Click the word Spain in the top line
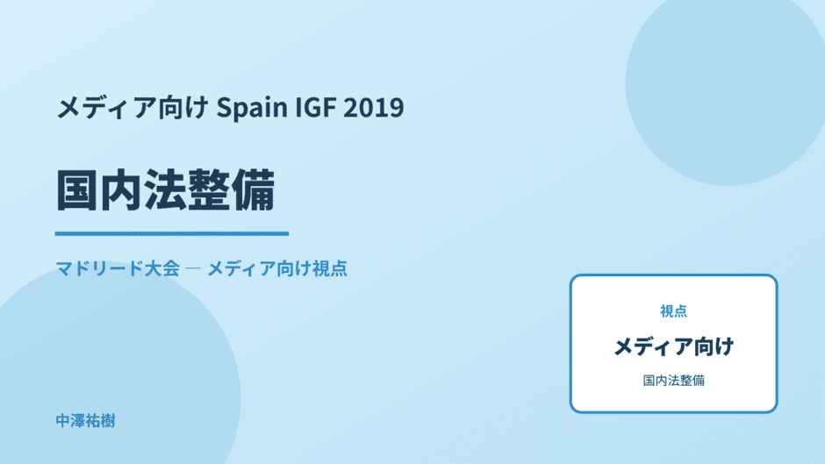pos(252,108)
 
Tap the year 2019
pos(374,107)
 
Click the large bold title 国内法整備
pos(165,190)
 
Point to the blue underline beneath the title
pos(172,233)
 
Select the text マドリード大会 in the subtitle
pos(118,268)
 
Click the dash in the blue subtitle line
pos(193,268)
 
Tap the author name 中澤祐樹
pos(85,421)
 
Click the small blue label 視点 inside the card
pos(673,311)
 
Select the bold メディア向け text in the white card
pos(673,346)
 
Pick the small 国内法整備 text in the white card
pos(673,381)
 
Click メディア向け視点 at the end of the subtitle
pos(277,268)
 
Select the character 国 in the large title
pos(77,190)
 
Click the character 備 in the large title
pos(254,190)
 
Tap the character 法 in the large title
pos(165,190)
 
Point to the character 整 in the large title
pos(210,190)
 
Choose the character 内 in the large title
pos(121,190)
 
